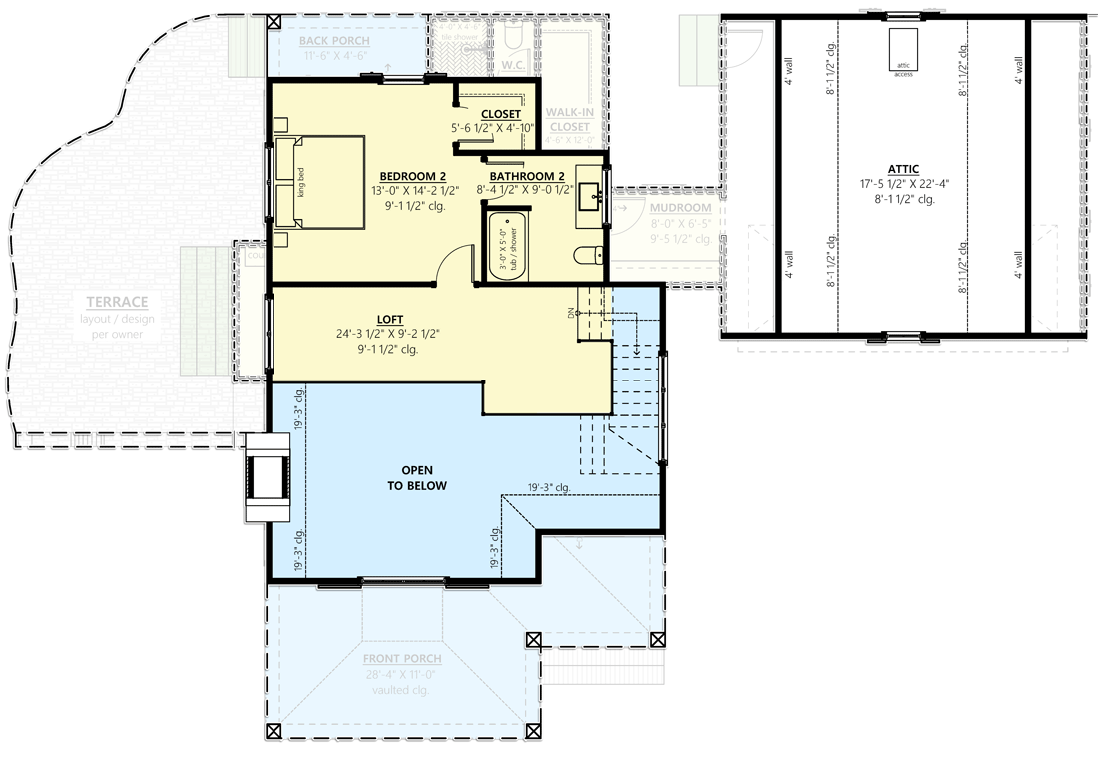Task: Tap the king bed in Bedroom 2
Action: [x=319, y=183]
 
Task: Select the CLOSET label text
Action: [x=501, y=114]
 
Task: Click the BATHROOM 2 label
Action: [x=527, y=176]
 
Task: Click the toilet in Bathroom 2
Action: [x=589, y=256]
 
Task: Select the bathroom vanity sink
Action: [x=591, y=197]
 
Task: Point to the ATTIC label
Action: [x=902, y=170]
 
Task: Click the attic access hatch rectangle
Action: [x=903, y=50]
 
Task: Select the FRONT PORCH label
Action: [x=402, y=659]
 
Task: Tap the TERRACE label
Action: [x=117, y=302]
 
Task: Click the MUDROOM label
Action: [x=679, y=209]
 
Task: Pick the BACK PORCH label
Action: [x=334, y=41]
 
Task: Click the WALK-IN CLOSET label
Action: [x=570, y=119]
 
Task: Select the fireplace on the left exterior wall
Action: [x=267, y=477]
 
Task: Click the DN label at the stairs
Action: [x=573, y=312]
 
